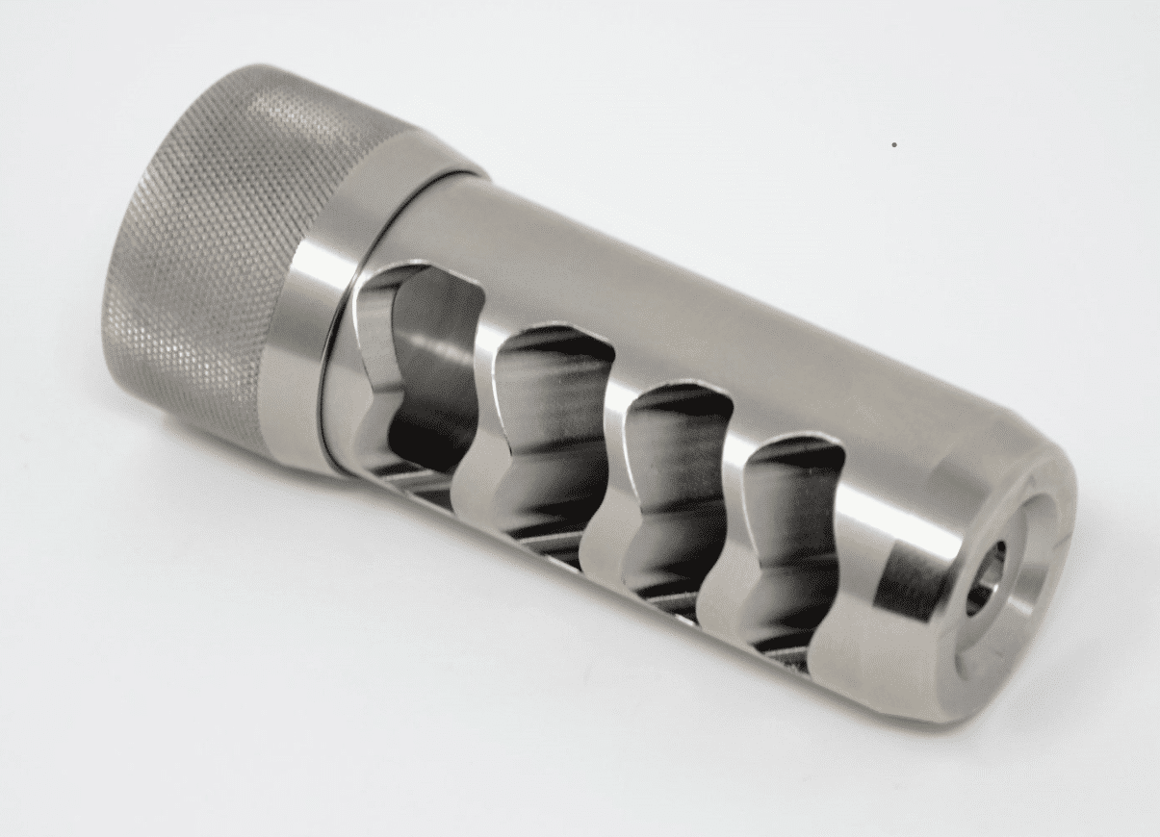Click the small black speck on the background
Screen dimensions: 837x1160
click(x=894, y=145)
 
